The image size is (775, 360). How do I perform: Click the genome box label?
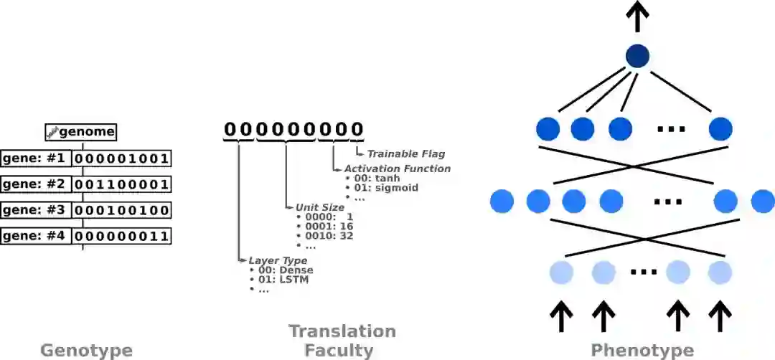click(x=80, y=132)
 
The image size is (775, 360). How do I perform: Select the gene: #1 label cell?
click(x=36, y=158)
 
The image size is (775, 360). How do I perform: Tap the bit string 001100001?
click(x=121, y=184)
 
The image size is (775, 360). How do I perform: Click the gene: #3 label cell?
click(x=36, y=210)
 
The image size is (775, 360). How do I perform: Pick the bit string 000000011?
click(x=121, y=236)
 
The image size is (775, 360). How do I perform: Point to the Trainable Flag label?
click(x=405, y=153)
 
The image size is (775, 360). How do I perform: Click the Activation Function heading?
click(x=397, y=169)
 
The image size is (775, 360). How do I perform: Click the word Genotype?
click(x=86, y=351)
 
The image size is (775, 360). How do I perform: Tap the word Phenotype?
click(x=642, y=351)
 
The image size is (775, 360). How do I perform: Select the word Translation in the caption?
click(x=342, y=331)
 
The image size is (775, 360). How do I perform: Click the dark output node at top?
click(x=637, y=56)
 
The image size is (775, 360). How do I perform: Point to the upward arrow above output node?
click(x=637, y=16)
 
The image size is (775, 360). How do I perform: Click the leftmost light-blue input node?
click(x=561, y=273)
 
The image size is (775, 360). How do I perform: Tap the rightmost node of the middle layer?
click(x=763, y=202)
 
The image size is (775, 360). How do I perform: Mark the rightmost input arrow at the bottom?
click(x=720, y=316)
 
